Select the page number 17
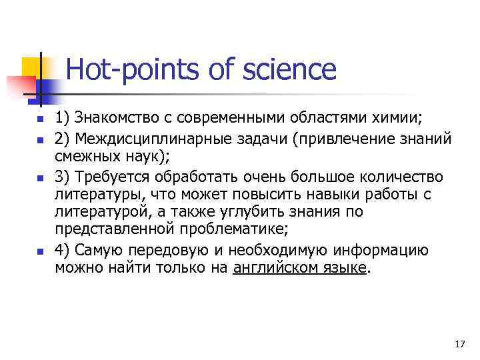tap(459, 344)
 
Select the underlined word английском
tap(273, 268)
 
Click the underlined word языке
tap(343, 268)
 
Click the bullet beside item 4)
tap(39, 252)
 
